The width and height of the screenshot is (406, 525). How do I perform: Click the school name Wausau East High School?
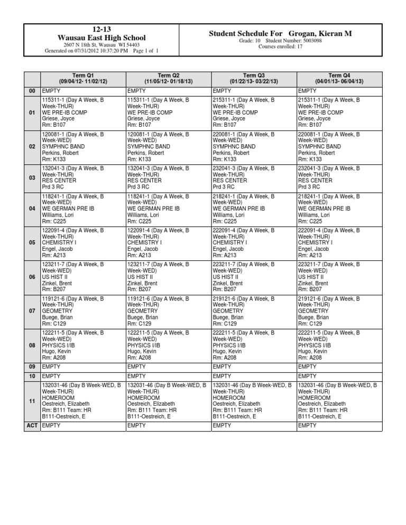point(101,38)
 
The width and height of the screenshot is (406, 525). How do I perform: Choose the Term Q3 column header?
point(253,79)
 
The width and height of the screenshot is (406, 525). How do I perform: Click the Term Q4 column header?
point(339,79)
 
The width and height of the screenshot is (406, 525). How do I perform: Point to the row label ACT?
point(32,425)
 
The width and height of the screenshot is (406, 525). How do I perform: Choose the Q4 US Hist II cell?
point(339,277)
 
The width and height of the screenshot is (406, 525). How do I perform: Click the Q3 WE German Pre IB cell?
point(253,209)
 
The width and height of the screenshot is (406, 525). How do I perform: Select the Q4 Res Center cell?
point(339,180)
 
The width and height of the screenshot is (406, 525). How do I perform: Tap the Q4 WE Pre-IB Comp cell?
point(339,112)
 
